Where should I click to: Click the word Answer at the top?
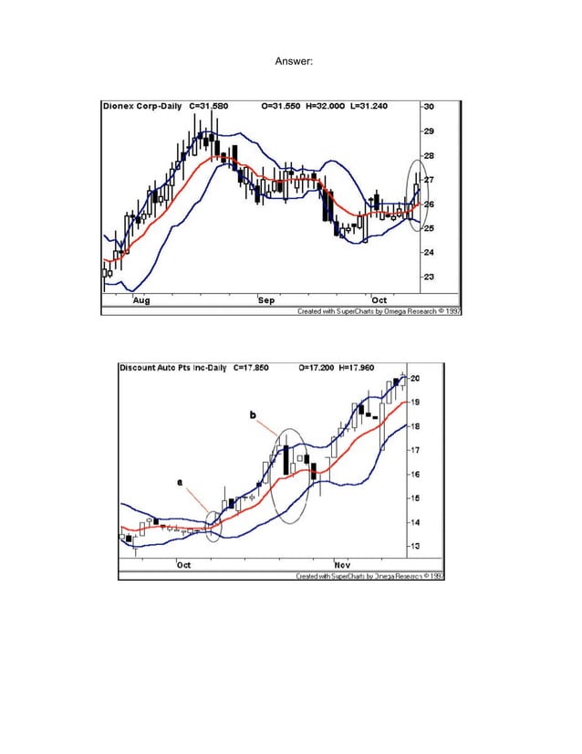coord(294,61)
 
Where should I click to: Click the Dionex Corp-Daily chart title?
coord(141,106)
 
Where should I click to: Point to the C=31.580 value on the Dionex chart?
coord(210,106)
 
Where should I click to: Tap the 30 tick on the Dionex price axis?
coord(428,107)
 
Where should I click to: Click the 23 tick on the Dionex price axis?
coord(428,276)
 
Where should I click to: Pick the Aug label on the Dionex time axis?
coord(142,299)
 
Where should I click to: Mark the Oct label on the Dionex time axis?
coord(379,299)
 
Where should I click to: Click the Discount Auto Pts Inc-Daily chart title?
coord(173,368)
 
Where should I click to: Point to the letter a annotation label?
coord(179,481)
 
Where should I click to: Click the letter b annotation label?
coord(253,415)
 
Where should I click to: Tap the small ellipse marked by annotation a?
coord(213,526)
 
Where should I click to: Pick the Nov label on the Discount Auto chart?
coord(344,565)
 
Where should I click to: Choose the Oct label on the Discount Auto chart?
coord(183,565)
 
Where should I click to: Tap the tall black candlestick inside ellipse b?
coord(286,457)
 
